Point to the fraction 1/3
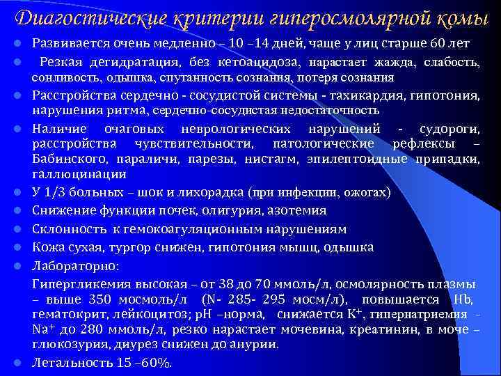click(x=56, y=191)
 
